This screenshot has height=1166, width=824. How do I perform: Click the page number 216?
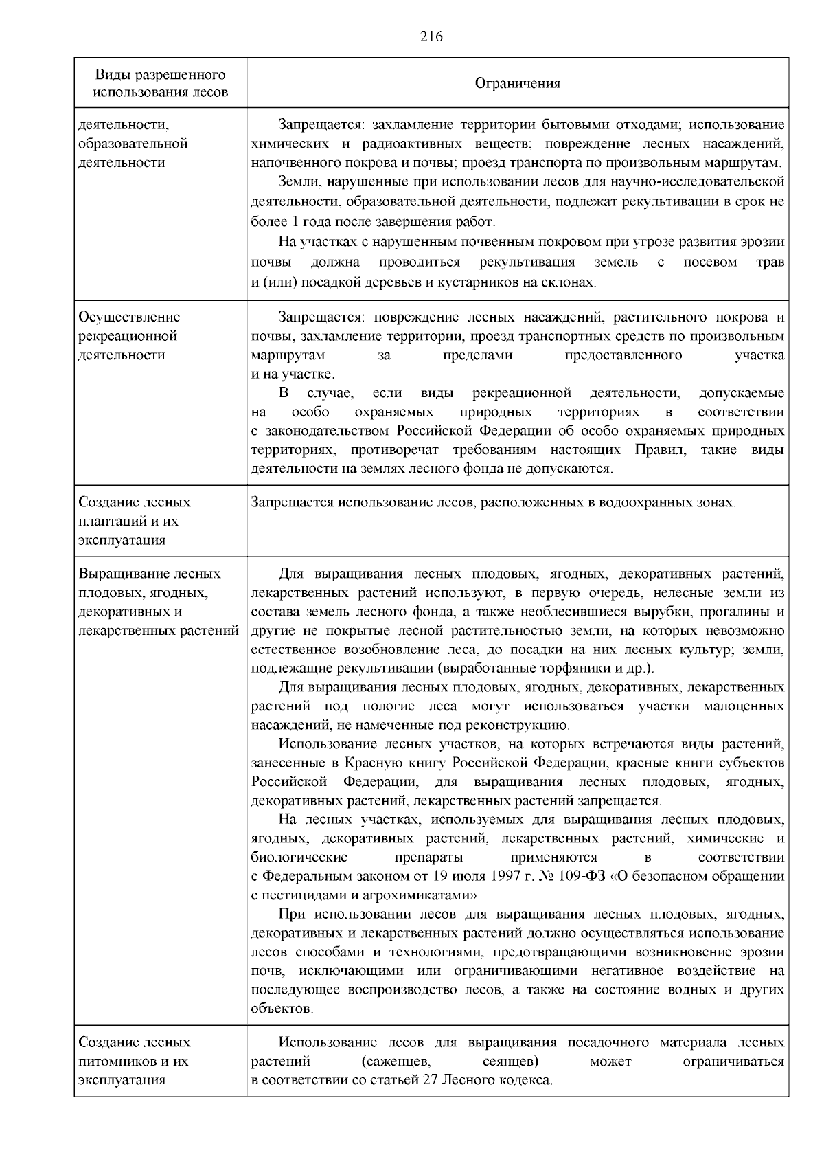pyautogui.click(x=431, y=37)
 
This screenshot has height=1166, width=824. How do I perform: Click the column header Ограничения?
pyautogui.click(x=518, y=83)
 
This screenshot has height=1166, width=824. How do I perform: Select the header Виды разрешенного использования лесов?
pyautogui.click(x=161, y=83)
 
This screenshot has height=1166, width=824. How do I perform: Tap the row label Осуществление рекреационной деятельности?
pyautogui.click(x=130, y=336)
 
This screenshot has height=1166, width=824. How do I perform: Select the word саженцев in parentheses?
pyautogui.click(x=396, y=1061)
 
